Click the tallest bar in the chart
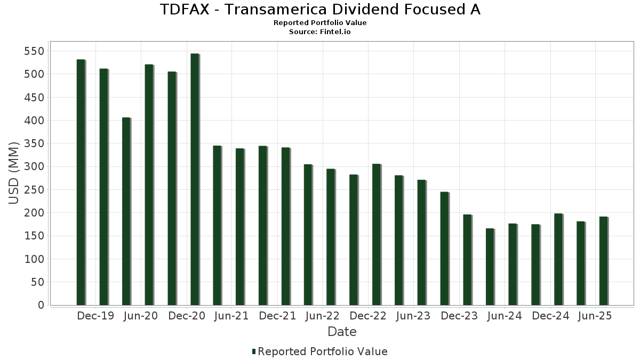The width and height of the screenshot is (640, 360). pyautogui.click(x=195, y=179)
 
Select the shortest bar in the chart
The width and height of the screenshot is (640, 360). pyautogui.click(x=490, y=267)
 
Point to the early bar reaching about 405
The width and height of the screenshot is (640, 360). pyautogui.click(x=126, y=211)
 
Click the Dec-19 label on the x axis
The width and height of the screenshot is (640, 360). pyautogui.click(x=95, y=316)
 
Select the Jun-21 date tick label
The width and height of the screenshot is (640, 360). pyautogui.click(x=231, y=316)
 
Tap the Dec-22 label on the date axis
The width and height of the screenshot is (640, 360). pyautogui.click(x=368, y=316)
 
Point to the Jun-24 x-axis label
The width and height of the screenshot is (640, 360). pyautogui.click(x=505, y=316)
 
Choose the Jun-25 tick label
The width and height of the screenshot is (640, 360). pyautogui.click(x=595, y=316)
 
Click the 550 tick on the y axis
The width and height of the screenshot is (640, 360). pyautogui.click(x=34, y=51)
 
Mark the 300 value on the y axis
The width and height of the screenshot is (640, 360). pyautogui.click(x=34, y=167)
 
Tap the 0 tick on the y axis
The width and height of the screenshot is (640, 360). pyautogui.click(x=41, y=305)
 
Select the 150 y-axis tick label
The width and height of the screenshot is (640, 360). pyautogui.click(x=34, y=236)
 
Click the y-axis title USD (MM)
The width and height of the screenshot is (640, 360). pyautogui.click(x=14, y=173)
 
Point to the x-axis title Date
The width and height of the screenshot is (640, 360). pyautogui.click(x=342, y=332)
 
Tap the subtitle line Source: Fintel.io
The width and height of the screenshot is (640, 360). pyautogui.click(x=320, y=32)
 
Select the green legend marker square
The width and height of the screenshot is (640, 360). pyautogui.click(x=254, y=351)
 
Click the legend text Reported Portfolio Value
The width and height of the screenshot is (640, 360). pyautogui.click(x=323, y=351)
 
